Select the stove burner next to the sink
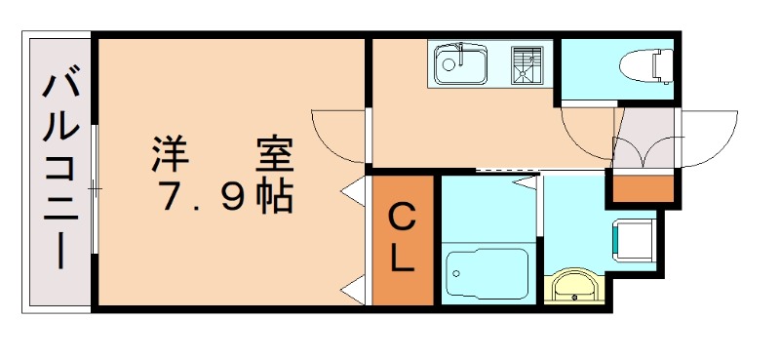pos(529,63)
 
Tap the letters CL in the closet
pos(403,239)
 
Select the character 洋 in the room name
pos(169,154)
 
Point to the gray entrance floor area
pos(643,137)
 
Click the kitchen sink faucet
pos(456,50)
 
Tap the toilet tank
pos(664,64)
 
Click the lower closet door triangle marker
pos(354,288)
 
